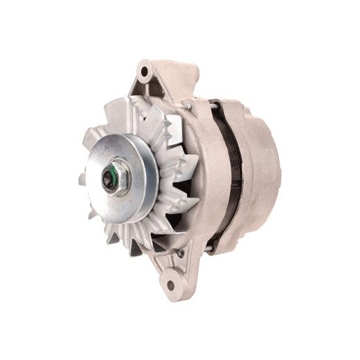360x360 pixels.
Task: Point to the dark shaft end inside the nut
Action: [x=110, y=179]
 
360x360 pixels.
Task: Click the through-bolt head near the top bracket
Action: [x=187, y=105]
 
